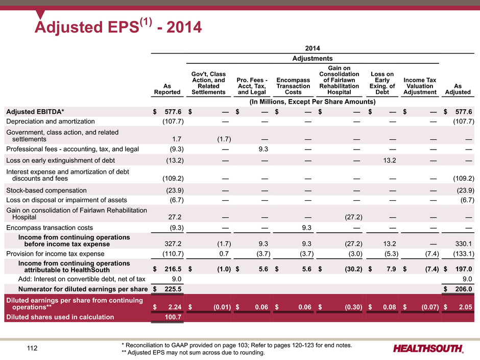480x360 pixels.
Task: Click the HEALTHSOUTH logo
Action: [x=428, y=348]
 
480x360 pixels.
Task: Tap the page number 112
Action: [x=32, y=348]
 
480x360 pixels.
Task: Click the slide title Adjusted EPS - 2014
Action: [x=118, y=27]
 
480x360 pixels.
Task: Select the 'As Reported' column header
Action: [x=167, y=89]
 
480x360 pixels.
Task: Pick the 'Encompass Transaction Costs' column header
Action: [x=293, y=86]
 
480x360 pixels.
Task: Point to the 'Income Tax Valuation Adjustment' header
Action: [x=420, y=86]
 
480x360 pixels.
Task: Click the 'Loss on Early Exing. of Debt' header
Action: [x=382, y=83]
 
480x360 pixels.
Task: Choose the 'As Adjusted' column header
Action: [x=458, y=89]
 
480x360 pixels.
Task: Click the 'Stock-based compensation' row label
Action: [x=46, y=190]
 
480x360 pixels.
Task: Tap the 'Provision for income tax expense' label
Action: [x=55, y=254]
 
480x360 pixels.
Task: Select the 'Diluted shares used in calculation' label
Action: [x=60, y=317]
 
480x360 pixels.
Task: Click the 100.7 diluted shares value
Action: [x=173, y=317]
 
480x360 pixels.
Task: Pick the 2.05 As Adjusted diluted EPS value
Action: [x=465, y=307]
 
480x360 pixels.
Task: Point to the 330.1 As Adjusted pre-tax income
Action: [x=464, y=244]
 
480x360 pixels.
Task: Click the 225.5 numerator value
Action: [x=173, y=289]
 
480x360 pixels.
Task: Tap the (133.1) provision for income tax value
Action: [x=464, y=254]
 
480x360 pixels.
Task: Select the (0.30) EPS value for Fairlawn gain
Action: [x=353, y=307]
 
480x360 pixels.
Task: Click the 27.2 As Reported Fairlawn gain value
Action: [x=175, y=217]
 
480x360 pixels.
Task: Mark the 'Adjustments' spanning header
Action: [x=312, y=58]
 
